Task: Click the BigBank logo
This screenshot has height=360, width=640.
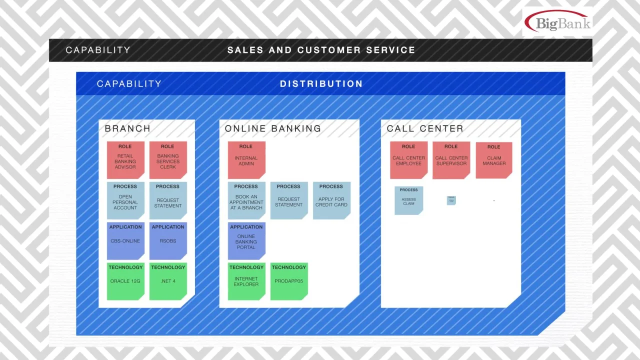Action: point(557,22)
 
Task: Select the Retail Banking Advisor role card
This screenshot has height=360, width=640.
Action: point(125,160)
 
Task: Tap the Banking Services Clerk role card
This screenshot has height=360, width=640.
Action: point(168,160)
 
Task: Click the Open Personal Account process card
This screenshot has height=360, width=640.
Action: point(125,200)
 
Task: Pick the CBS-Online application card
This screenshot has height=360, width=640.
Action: point(125,240)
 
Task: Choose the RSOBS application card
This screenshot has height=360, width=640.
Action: point(168,240)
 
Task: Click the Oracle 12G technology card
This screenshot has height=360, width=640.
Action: point(125,281)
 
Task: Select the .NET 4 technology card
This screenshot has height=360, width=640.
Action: point(168,281)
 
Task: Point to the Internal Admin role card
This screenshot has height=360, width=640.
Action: point(246,160)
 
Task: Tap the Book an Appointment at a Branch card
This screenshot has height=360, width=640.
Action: point(246,200)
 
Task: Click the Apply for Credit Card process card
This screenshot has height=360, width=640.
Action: point(331,200)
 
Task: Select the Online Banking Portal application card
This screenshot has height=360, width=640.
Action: point(246,240)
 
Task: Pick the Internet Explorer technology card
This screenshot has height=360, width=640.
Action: point(246,281)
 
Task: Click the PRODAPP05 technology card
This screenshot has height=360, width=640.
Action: point(288,281)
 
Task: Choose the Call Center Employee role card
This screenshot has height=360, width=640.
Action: point(408,160)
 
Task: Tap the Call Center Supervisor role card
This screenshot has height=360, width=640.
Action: point(451,160)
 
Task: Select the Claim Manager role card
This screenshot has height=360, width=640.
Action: point(493,160)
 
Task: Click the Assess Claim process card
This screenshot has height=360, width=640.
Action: point(408,200)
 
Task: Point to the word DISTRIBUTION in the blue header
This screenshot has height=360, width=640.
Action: point(321,84)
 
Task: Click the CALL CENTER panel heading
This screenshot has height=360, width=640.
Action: point(425,128)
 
